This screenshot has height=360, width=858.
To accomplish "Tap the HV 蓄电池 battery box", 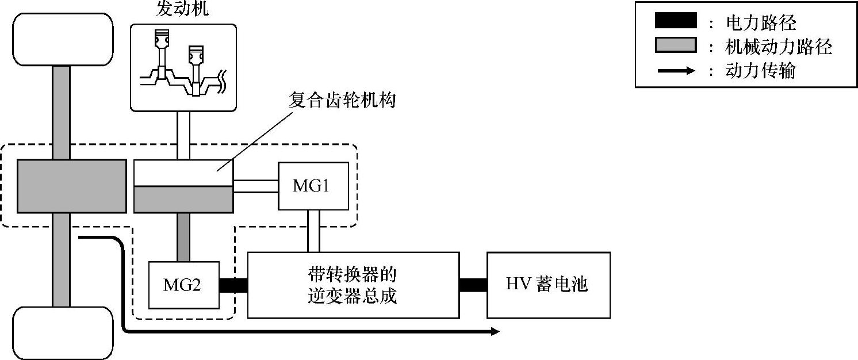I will [548, 285].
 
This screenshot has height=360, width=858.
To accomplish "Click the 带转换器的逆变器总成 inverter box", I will [353, 285].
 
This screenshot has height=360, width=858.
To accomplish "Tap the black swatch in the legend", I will [675, 22].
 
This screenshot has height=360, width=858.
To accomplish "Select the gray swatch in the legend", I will [675, 45].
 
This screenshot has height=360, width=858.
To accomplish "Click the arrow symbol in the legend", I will [675, 71].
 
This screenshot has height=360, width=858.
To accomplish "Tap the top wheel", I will [62, 40].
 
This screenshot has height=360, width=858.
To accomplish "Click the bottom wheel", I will [62, 333].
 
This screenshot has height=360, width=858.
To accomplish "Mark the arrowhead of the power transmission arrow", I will [494, 332].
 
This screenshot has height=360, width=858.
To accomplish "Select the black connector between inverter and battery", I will [473, 285].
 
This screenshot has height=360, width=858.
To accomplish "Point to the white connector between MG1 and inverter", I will [313, 231].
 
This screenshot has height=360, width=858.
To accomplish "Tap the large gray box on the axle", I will [72, 185].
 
